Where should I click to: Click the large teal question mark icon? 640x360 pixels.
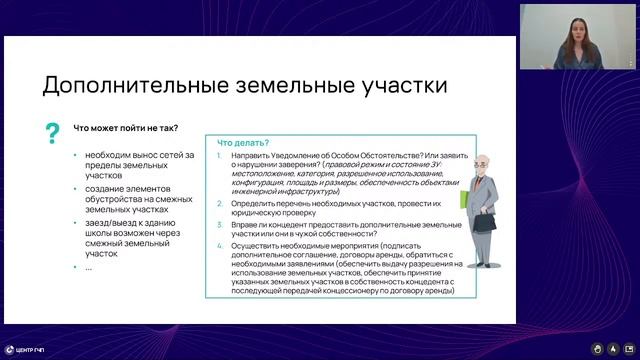pos(52,133)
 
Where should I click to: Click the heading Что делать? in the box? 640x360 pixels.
pos(243,143)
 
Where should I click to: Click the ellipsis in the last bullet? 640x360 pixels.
pos(88,267)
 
